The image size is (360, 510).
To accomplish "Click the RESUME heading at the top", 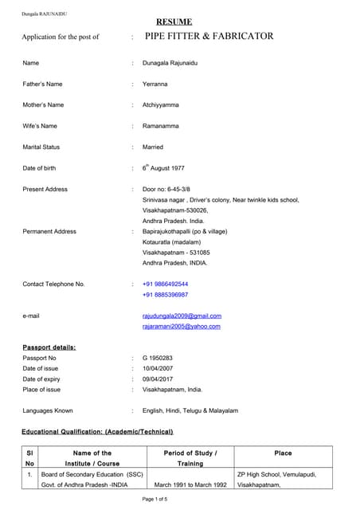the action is coord(174,22).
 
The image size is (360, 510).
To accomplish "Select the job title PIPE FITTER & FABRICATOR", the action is coord(209,36).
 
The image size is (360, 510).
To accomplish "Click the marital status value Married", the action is coord(153,147).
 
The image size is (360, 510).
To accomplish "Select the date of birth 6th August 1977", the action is coord(163,168).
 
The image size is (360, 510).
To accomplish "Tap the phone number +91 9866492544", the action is coord(166,284).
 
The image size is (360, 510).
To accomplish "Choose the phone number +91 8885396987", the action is coord(166,294).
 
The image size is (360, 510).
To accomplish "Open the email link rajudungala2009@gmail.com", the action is coord(182,316).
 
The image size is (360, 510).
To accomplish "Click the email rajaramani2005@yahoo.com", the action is coord(181,326).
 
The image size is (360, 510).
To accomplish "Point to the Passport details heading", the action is coord(49,347).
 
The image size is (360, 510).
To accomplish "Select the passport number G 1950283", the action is coord(158,358).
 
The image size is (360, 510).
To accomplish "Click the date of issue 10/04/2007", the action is coord(158,368).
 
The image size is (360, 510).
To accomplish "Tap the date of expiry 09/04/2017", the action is coord(158,379).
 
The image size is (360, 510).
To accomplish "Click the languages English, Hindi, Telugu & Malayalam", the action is coord(190,410).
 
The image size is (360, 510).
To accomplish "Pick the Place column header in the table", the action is coord(283,453).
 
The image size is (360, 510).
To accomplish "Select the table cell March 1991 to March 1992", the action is coord(190,484).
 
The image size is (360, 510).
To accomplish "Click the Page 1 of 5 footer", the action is coord(155,499).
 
